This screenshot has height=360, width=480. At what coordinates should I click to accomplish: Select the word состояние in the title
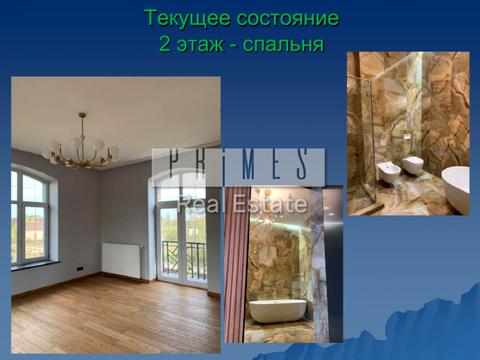284,18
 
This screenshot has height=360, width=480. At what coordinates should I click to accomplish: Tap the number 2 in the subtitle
164,44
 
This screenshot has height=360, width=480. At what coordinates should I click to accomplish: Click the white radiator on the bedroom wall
122,259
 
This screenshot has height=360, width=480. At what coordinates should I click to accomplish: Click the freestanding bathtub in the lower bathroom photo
277,310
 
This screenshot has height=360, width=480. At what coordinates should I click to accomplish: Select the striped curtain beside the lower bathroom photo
235,265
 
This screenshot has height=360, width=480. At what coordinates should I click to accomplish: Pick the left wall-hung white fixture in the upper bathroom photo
388,169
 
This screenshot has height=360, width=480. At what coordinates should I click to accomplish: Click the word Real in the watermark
198,205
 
